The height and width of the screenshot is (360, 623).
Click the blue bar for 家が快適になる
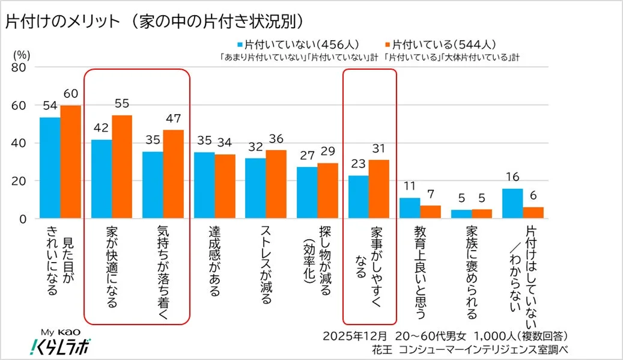102,179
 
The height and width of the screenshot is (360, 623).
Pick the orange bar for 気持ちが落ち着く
173,174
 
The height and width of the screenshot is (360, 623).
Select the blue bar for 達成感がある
204,186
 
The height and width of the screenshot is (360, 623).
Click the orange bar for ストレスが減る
276,184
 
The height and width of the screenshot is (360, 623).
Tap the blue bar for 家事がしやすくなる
358,197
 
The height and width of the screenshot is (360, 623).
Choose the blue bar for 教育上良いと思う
410,208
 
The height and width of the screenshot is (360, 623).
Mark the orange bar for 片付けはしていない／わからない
533,213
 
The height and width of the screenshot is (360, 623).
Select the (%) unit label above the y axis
22,53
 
